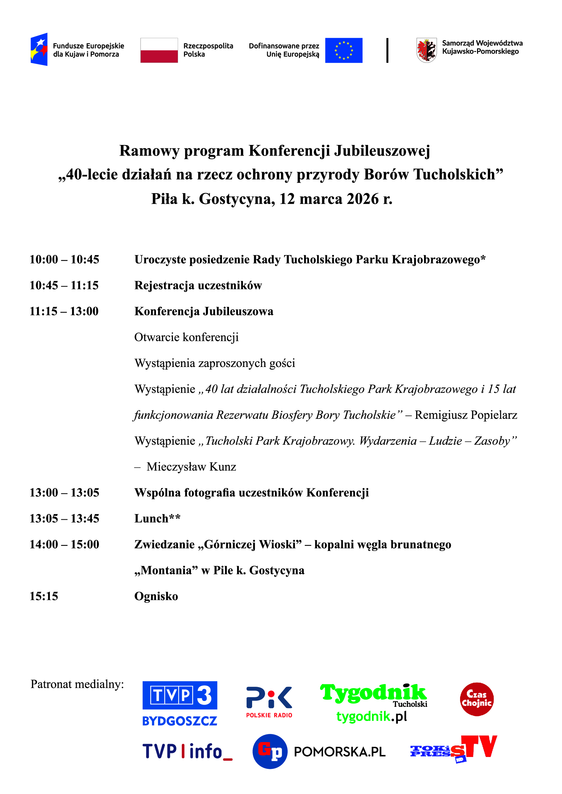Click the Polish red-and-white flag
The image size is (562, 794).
[x=159, y=50]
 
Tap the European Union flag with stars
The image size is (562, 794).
[x=344, y=50]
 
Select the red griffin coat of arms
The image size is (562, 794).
[x=426, y=50]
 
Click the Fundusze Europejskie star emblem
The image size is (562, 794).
[x=39, y=49]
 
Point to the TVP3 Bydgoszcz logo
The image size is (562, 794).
[x=180, y=703]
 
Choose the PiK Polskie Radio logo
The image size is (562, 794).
[x=269, y=702]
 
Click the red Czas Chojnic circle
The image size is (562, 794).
[x=476, y=699]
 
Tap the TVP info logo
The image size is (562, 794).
[x=187, y=752]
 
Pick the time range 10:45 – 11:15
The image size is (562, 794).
[x=64, y=285]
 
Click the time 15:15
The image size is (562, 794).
[x=44, y=596]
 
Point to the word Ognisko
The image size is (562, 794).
[x=156, y=596]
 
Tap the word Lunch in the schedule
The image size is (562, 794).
[x=152, y=518]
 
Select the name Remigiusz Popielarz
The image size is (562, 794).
[x=466, y=414]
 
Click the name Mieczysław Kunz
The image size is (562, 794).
[x=191, y=466]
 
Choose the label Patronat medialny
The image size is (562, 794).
[x=77, y=684]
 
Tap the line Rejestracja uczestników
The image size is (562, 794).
[x=198, y=285]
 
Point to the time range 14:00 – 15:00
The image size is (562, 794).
[x=64, y=544]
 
